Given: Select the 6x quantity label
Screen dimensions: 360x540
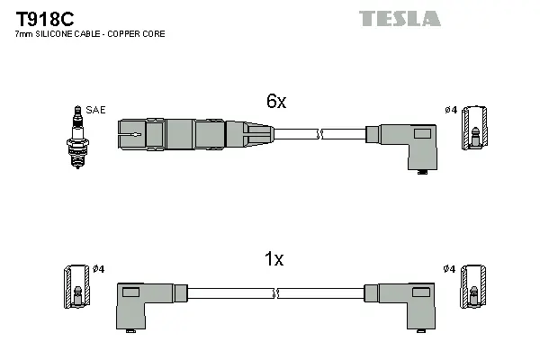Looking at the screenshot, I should (x=275, y=102).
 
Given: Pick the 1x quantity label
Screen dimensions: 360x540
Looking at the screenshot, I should (x=274, y=259).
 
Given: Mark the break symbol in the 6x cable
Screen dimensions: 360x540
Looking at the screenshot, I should (x=319, y=135).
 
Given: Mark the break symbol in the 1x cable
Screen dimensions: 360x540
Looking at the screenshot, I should (x=277, y=293).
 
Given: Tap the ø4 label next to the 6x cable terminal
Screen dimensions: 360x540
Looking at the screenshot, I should (x=451, y=110).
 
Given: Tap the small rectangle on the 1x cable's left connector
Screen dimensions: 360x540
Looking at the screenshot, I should (x=130, y=292).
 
